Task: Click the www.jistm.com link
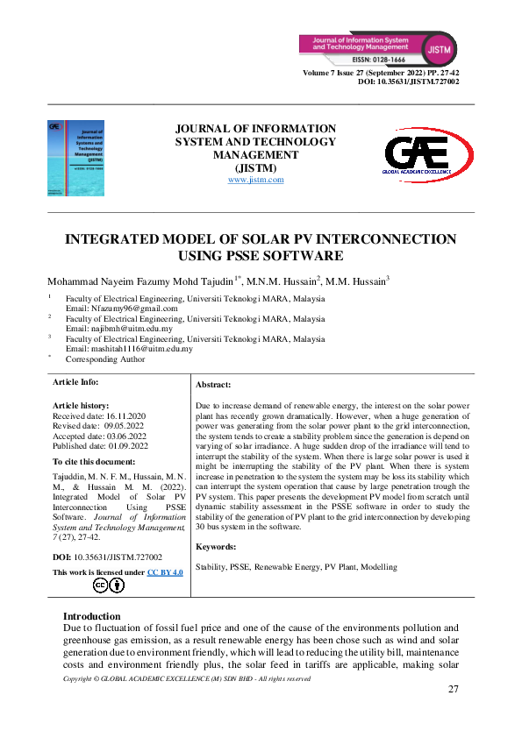255,180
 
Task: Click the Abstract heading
213,385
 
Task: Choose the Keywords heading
216,546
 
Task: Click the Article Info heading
75,382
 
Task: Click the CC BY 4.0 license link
165,571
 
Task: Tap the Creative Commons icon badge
110,585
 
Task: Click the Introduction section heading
92,616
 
